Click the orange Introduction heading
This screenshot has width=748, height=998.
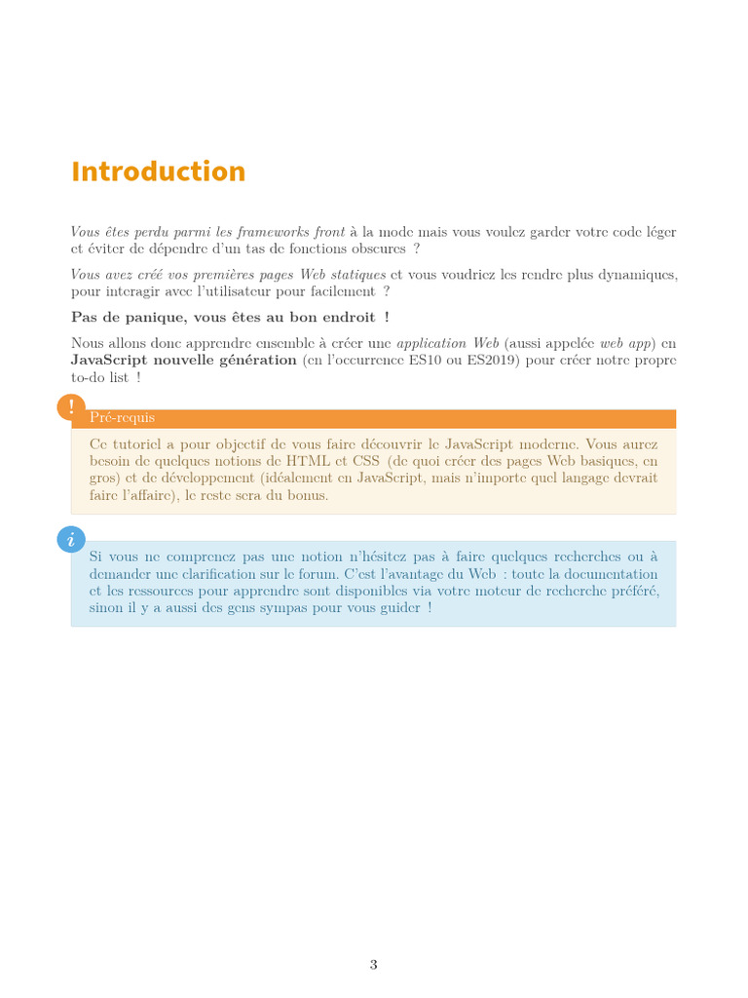click(158, 172)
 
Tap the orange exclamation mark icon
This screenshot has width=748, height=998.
click(71, 407)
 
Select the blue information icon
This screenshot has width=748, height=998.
click(71, 539)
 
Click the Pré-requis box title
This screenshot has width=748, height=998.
click(122, 418)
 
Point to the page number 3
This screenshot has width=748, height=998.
click(373, 965)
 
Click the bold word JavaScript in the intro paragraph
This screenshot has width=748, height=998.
click(110, 361)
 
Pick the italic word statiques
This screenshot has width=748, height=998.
click(356, 275)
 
